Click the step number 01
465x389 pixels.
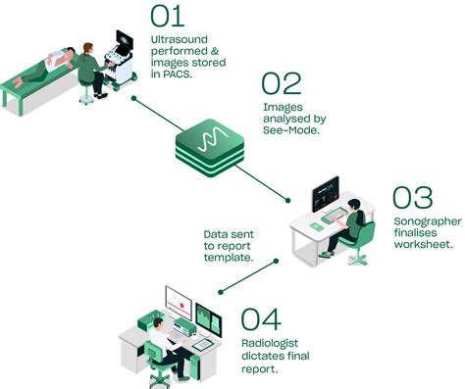(x=167, y=17)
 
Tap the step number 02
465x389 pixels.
(x=282, y=83)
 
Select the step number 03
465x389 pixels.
(x=413, y=198)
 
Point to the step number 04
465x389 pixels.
(x=261, y=319)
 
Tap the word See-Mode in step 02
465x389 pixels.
(x=290, y=130)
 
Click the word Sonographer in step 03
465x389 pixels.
(x=428, y=222)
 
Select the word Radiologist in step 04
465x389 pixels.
(x=270, y=343)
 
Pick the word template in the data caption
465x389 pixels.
(x=229, y=258)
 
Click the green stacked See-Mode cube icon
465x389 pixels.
(x=210, y=148)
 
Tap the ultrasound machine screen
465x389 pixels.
(x=125, y=42)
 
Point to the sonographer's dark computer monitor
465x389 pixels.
(x=326, y=194)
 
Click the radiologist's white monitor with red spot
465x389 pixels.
(x=179, y=303)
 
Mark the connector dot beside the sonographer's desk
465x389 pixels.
(x=287, y=201)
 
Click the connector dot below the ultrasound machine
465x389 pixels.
(x=133, y=98)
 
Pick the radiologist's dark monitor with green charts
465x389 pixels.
(x=209, y=319)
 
